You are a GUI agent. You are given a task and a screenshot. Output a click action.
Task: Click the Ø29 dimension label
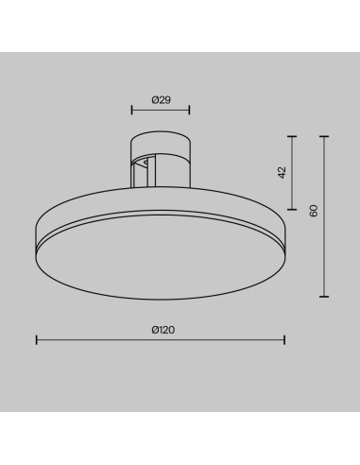161,100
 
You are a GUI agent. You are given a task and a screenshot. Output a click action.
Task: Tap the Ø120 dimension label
163,330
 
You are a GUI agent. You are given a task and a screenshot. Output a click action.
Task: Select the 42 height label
283,172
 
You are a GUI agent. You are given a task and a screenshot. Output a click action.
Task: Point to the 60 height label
314,211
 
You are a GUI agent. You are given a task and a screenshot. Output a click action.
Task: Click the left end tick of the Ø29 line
131,110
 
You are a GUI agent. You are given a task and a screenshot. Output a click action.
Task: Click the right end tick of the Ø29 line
189,110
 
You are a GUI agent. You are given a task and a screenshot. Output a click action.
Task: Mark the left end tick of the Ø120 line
37,340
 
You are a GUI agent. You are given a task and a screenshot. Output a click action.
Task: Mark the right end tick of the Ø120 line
284,340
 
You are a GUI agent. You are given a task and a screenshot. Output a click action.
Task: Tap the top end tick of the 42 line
292,136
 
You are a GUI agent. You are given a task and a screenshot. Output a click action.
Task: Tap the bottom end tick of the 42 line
292,209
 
